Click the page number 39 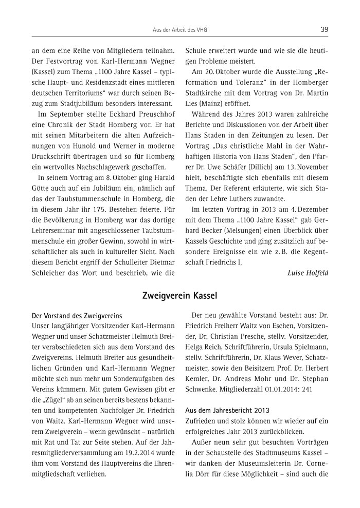(x=324, y=30)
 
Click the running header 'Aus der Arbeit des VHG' (x=180, y=30)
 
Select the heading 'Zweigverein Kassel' (x=180, y=296)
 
